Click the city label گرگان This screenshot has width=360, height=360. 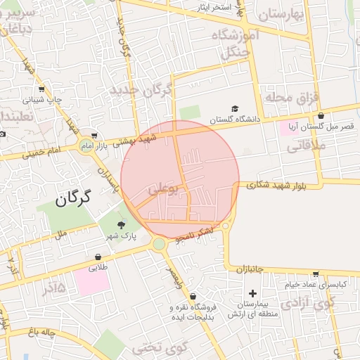(73, 199)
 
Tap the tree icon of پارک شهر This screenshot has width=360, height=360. (121, 226)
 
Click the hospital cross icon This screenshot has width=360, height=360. (253, 292)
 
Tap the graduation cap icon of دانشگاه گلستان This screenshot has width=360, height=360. (235, 108)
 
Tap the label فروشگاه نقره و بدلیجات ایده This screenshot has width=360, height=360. (193, 312)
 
